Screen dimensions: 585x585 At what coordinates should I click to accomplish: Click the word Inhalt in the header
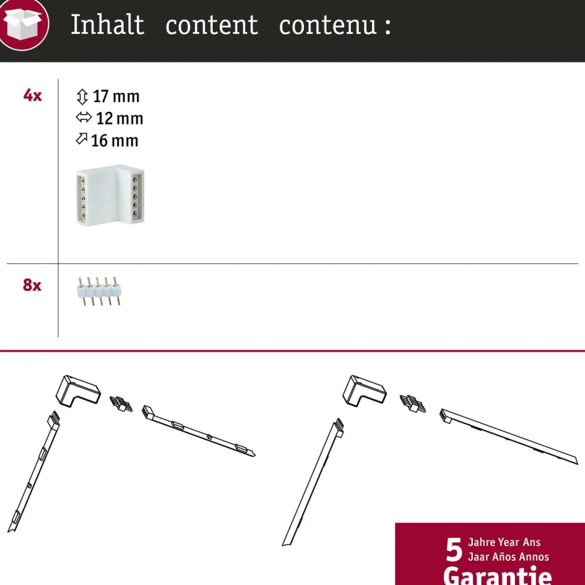pyautogui.click(x=107, y=25)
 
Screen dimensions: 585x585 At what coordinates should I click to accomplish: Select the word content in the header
pyautogui.click(x=212, y=25)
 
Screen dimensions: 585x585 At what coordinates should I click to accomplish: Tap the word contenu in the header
pyautogui.click(x=328, y=25)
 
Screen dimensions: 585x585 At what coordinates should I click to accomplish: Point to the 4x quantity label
pyautogui.click(x=33, y=95)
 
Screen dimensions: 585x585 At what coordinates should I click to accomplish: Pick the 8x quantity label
pyautogui.click(x=32, y=285)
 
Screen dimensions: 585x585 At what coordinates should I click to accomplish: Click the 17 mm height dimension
pyautogui.click(x=116, y=96)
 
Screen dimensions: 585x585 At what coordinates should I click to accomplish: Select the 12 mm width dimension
pyautogui.click(x=119, y=119)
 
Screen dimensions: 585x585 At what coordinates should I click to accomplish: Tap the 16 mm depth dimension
pyautogui.click(x=115, y=141)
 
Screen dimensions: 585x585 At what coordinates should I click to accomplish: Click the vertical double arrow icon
pyautogui.click(x=82, y=96)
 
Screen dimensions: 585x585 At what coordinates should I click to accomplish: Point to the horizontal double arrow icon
pyautogui.click(x=84, y=118)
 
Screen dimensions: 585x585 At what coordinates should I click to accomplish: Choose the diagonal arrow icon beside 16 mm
pyautogui.click(x=81, y=139)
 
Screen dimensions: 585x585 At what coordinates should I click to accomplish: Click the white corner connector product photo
pyautogui.click(x=110, y=195)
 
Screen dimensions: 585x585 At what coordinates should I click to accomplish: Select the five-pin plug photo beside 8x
pyautogui.click(x=100, y=291)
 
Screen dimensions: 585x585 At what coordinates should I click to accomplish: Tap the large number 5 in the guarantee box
pyautogui.click(x=454, y=550)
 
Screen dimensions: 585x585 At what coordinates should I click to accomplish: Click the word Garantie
pyautogui.click(x=498, y=575)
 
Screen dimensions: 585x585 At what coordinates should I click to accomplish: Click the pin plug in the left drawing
pyautogui.click(x=121, y=403)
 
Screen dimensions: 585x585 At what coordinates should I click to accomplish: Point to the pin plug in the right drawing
pyautogui.click(x=413, y=403)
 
